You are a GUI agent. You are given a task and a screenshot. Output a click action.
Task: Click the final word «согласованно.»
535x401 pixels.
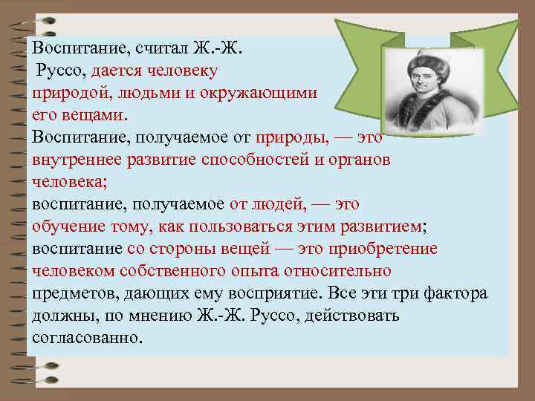(x=86, y=338)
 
